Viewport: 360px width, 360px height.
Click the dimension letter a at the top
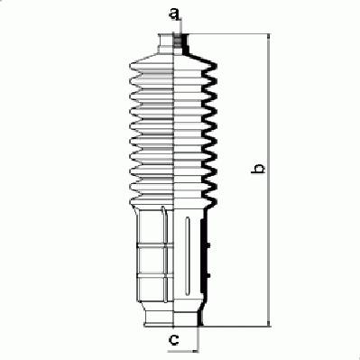[x=174, y=14]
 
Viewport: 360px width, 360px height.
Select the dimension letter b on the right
[x=258, y=169]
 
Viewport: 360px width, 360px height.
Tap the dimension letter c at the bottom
[x=174, y=340]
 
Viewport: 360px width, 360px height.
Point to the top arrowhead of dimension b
[x=269, y=37]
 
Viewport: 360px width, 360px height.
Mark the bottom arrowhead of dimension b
[x=269, y=323]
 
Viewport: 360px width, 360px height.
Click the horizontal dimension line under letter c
[x=183, y=351]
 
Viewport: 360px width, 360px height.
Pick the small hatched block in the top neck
[x=178, y=42]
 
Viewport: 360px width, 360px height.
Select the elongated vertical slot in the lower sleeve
[x=188, y=256]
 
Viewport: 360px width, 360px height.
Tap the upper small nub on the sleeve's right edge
[x=208, y=245]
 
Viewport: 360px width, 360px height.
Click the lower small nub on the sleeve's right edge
[x=208, y=275]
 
